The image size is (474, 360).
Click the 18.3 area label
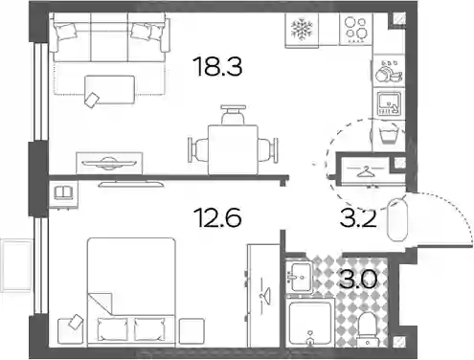[218, 66]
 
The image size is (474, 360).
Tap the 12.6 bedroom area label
[219, 217]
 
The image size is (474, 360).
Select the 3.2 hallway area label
[358, 218]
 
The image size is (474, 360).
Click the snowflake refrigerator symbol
[302, 30]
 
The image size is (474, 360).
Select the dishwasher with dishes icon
[389, 72]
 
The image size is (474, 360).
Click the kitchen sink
[389, 103]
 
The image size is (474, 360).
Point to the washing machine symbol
[389, 134]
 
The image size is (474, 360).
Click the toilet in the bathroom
[369, 329]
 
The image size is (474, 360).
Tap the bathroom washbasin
[300, 276]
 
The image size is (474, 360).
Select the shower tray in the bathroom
[310, 323]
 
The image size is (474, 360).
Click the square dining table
[233, 149]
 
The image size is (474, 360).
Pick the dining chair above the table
[234, 115]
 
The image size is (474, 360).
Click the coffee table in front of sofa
[109, 89]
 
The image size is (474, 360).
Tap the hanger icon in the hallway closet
[365, 172]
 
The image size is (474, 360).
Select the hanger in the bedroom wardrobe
[265, 295]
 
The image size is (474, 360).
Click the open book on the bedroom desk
[63, 192]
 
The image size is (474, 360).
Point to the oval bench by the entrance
[397, 220]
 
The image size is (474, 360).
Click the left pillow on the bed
[112, 328]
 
